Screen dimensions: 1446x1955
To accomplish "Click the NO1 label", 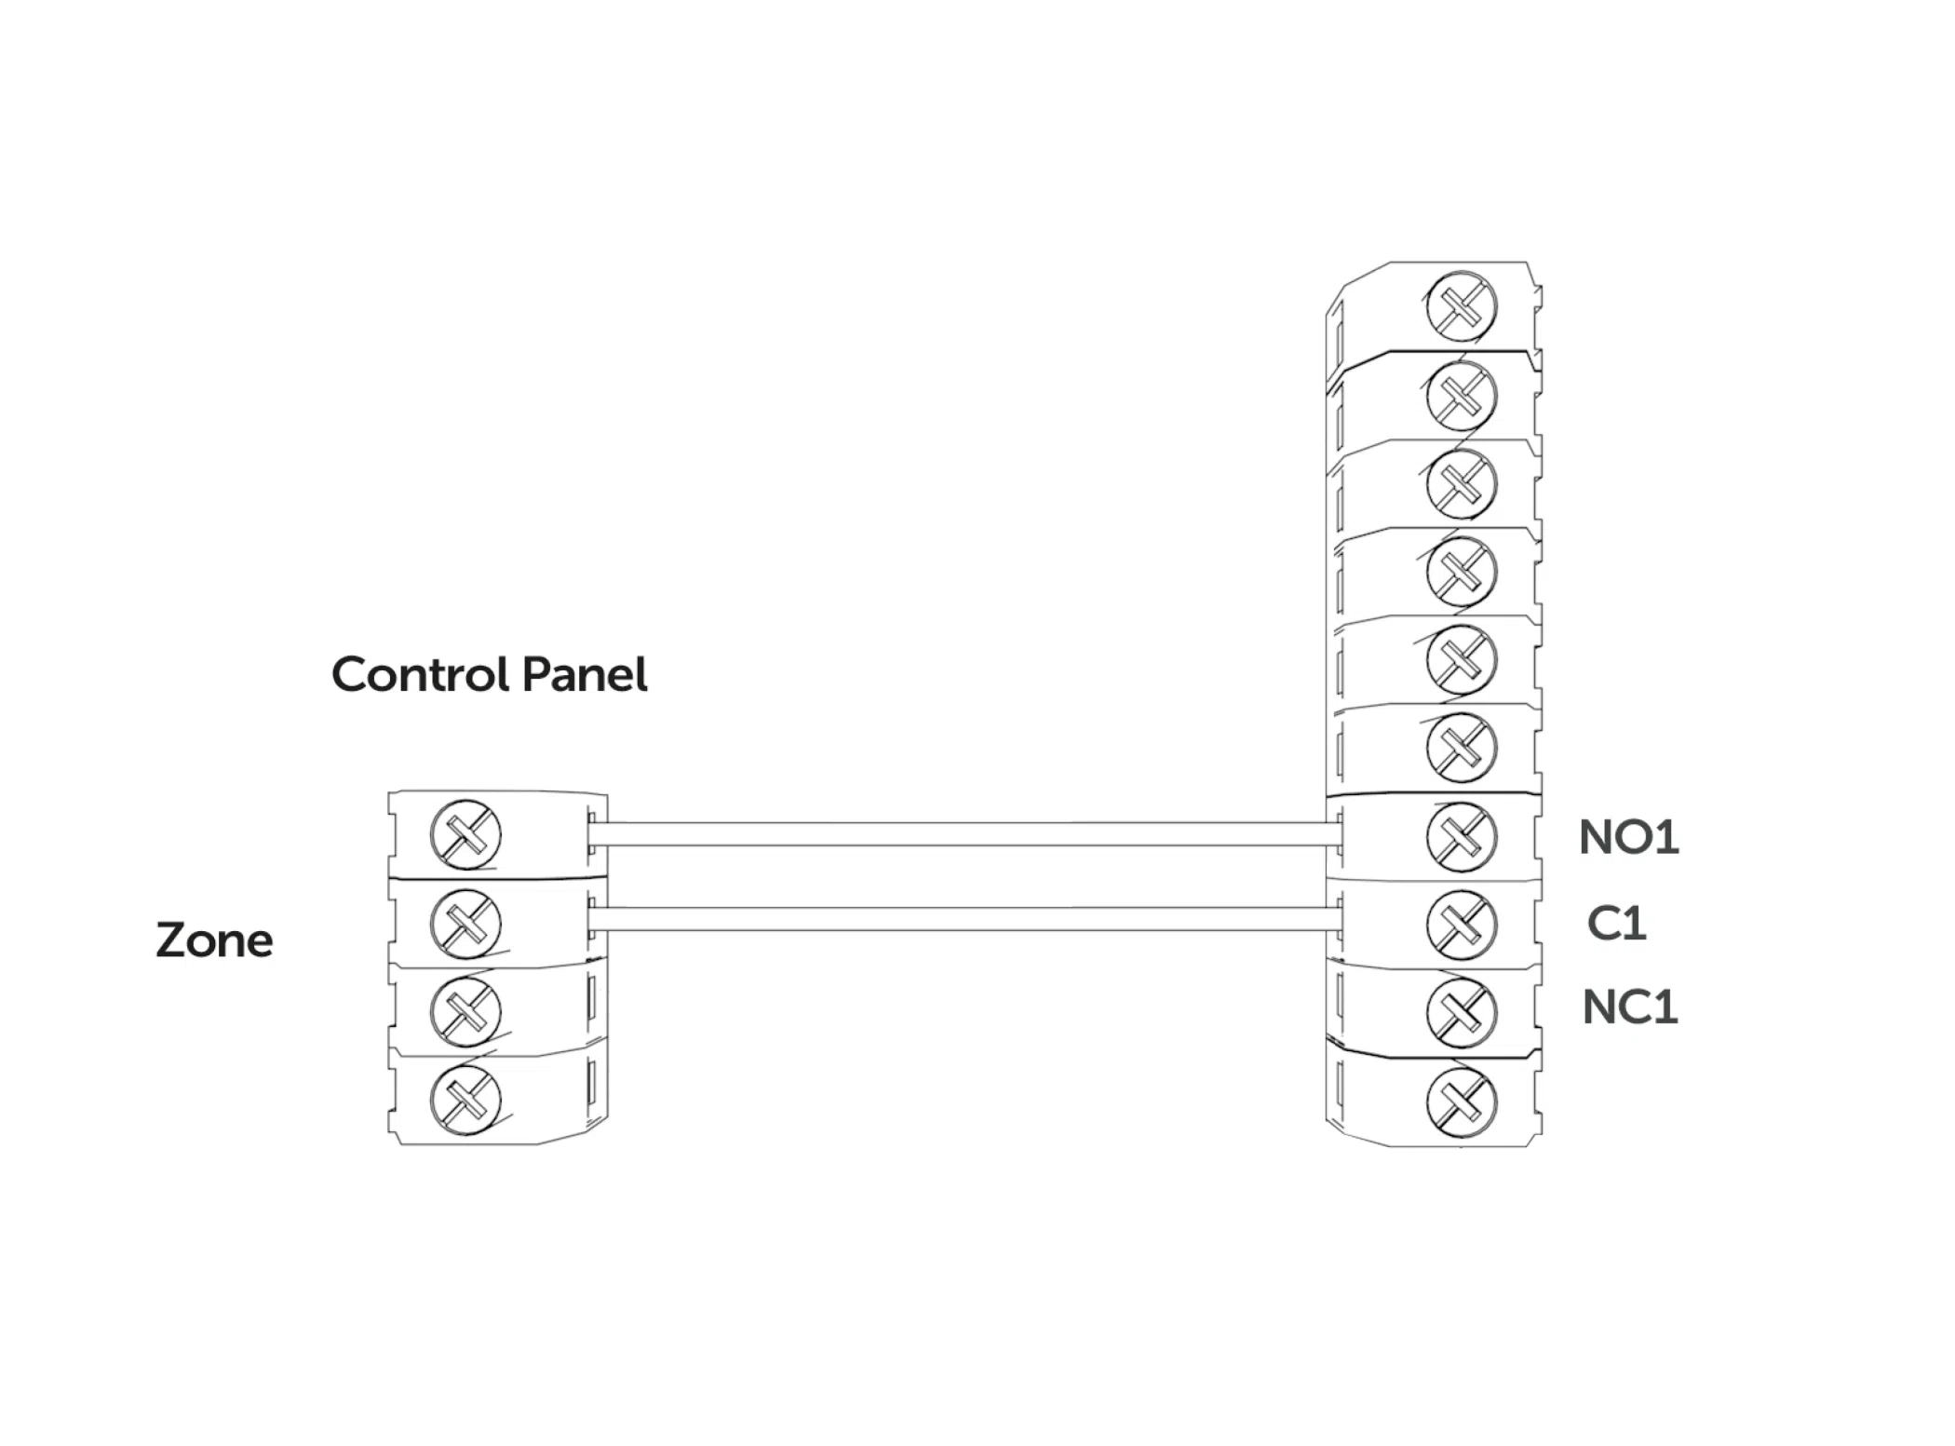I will [1628, 837].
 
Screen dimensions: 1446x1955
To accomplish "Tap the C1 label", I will [1616, 923].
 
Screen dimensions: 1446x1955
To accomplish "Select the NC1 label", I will [1629, 1007].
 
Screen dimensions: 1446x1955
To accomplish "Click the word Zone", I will [214, 939].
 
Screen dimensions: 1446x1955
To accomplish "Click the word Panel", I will [585, 674].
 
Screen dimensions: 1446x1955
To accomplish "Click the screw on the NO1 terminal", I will [1461, 836].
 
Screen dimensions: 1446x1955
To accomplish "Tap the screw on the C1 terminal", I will [1461, 924].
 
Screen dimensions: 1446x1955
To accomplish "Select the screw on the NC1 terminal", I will [1461, 1012].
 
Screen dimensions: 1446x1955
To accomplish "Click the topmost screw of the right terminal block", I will [1461, 306].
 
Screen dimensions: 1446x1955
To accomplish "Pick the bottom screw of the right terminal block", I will [1461, 1101].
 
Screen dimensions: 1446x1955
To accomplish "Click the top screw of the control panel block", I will [465, 834].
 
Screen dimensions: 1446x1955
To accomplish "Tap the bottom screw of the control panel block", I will [465, 1100].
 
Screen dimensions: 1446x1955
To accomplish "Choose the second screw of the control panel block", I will [465, 923].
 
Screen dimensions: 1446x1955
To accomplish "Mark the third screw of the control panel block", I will [465, 1011].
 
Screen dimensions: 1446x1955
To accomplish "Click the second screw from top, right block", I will [1461, 396].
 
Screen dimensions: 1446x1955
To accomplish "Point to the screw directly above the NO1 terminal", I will [1461, 748].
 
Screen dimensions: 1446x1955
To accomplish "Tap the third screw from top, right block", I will [1461, 484].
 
